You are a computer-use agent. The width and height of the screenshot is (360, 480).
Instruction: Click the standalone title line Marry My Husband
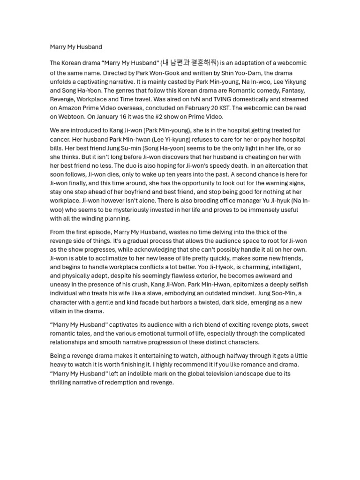(x=76, y=47)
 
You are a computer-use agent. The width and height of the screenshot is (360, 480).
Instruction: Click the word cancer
(x=60, y=139)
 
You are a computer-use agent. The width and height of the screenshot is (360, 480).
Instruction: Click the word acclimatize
(x=115, y=258)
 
